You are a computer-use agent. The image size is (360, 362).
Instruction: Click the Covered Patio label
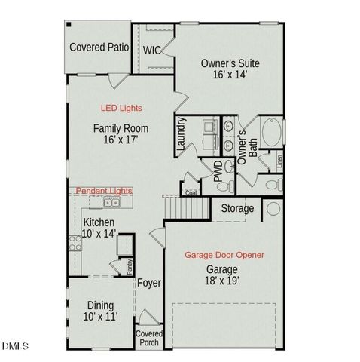98,48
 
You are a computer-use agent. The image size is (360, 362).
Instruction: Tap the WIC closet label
153,51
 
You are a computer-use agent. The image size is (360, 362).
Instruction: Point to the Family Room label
121,134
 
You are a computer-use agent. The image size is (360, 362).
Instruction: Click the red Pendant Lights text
103,193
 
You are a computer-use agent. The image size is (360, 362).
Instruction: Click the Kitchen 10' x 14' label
99,229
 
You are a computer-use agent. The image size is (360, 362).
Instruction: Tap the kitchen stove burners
75,243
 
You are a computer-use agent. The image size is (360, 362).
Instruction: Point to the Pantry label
129,266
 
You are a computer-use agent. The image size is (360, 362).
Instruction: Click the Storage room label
236,208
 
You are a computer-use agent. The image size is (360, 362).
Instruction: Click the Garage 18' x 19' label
222,275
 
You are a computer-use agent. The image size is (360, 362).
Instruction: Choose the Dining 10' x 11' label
101,311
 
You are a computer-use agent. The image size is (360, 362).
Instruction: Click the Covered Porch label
148,338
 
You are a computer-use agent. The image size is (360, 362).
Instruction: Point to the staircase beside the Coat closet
181,205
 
